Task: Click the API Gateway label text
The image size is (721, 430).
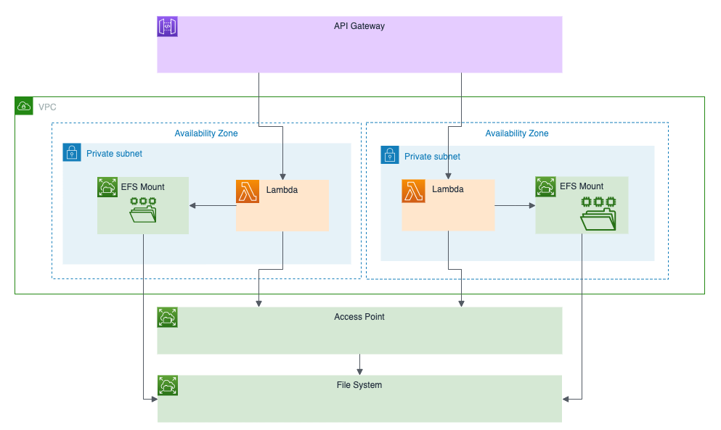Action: [x=359, y=26]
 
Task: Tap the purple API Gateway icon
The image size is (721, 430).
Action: [x=168, y=27]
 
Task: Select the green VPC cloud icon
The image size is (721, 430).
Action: [x=24, y=107]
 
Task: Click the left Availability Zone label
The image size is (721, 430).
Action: [x=206, y=133]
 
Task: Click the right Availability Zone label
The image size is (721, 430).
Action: [x=517, y=133]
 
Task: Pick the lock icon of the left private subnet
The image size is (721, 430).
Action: [x=73, y=153]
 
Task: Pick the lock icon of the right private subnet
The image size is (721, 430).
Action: [x=391, y=155]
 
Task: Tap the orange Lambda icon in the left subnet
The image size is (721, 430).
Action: [x=248, y=191]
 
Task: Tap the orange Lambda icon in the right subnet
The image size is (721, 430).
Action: [x=413, y=191]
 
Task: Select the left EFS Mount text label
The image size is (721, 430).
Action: [x=142, y=187]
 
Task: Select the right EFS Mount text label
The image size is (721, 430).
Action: [x=582, y=186]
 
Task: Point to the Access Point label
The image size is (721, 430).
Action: [x=359, y=317]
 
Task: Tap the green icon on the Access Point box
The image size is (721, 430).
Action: [x=168, y=318]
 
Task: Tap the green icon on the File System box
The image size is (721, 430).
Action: [x=168, y=386]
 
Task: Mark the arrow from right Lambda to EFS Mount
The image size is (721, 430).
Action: [x=515, y=206]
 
